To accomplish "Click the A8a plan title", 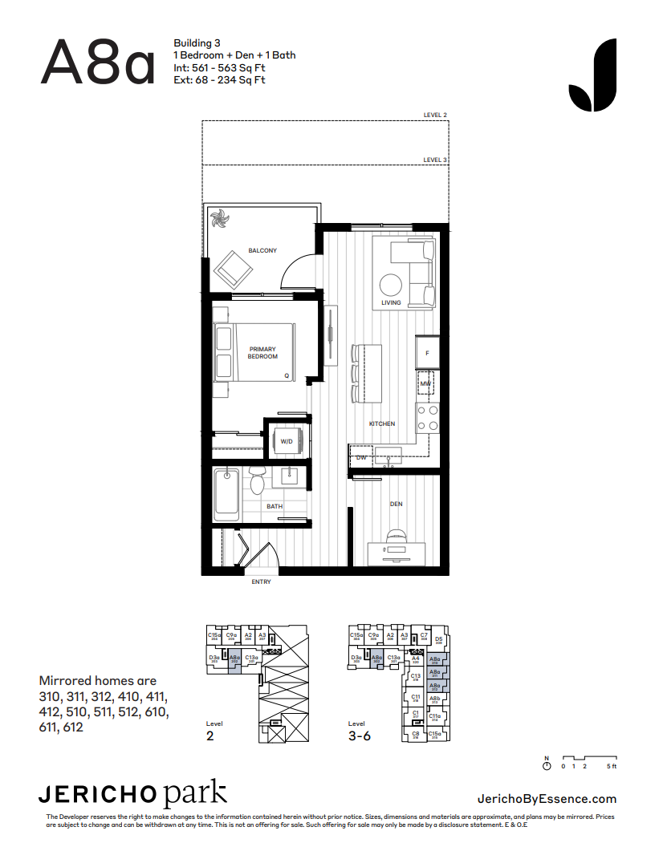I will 97,62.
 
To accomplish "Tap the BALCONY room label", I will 262,251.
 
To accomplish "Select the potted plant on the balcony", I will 219,218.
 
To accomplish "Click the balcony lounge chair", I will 232,269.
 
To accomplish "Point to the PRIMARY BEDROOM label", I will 262,353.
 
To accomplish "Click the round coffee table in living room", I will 391,286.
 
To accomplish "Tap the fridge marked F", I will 427,353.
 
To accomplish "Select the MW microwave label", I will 425,385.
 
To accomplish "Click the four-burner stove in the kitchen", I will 427,417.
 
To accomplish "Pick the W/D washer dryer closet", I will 287,440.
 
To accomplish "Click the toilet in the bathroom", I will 258,482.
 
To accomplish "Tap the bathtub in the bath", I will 226,494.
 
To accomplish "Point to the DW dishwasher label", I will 361,457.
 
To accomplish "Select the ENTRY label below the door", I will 261,582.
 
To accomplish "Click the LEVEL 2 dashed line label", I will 435,115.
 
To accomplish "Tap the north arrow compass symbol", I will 547,766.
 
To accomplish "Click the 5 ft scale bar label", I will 611,767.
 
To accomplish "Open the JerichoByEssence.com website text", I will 547,798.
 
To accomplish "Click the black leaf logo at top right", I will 592,75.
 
